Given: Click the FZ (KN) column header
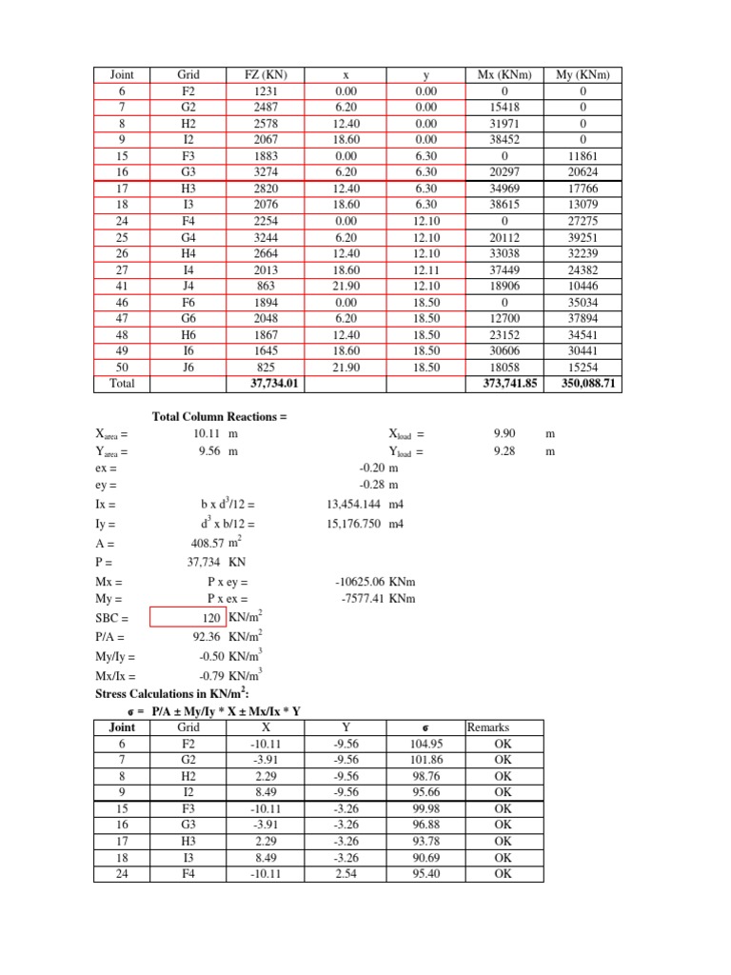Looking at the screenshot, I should (x=259, y=75).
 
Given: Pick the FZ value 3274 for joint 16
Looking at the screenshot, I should (x=259, y=172).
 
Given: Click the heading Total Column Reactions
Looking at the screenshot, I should (x=219, y=417).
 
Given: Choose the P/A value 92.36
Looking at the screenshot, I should (x=211, y=638).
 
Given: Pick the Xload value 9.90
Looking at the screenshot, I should (x=504, y=433).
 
